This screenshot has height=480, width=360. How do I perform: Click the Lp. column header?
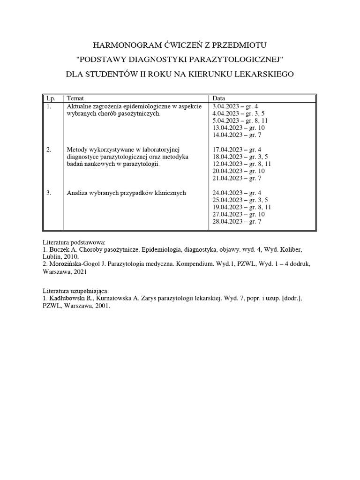49,99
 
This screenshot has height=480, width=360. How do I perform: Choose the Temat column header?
76,99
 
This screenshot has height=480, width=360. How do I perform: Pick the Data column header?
219,99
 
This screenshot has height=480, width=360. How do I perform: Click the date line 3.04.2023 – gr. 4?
235,106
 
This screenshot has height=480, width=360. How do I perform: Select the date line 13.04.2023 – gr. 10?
239,128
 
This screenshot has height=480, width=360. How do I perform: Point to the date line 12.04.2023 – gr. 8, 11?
242,164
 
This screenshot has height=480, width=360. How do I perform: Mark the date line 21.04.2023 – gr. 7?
237,179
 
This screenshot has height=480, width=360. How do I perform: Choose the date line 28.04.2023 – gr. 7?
237,221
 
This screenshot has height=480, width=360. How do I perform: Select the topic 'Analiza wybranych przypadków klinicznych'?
127,193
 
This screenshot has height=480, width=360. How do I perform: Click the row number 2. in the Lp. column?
49,150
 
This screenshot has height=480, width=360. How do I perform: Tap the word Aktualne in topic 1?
78,106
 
